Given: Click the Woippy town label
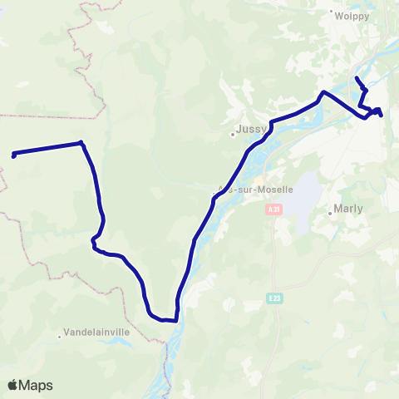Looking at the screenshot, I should pos(345,14).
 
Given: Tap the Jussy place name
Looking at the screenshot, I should pos(250,130).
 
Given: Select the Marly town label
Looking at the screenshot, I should pos(347,209).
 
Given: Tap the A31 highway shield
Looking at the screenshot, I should pos(274,210).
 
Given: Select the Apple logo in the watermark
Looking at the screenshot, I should pos(13,385).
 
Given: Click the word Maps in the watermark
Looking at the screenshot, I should pos(37,385).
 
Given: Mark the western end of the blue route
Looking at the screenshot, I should pos(13,155).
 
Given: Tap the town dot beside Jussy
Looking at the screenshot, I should pos(234,133).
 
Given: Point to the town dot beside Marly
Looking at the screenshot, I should pos(330,214).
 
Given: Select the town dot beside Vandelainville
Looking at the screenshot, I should pos(60,336).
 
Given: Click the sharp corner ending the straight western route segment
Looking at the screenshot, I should pos(81,143).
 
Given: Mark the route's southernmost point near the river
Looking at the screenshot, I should pos(165,319).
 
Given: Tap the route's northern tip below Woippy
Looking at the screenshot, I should pos(357,78).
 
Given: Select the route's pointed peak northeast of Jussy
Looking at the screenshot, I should pos(323,92).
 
